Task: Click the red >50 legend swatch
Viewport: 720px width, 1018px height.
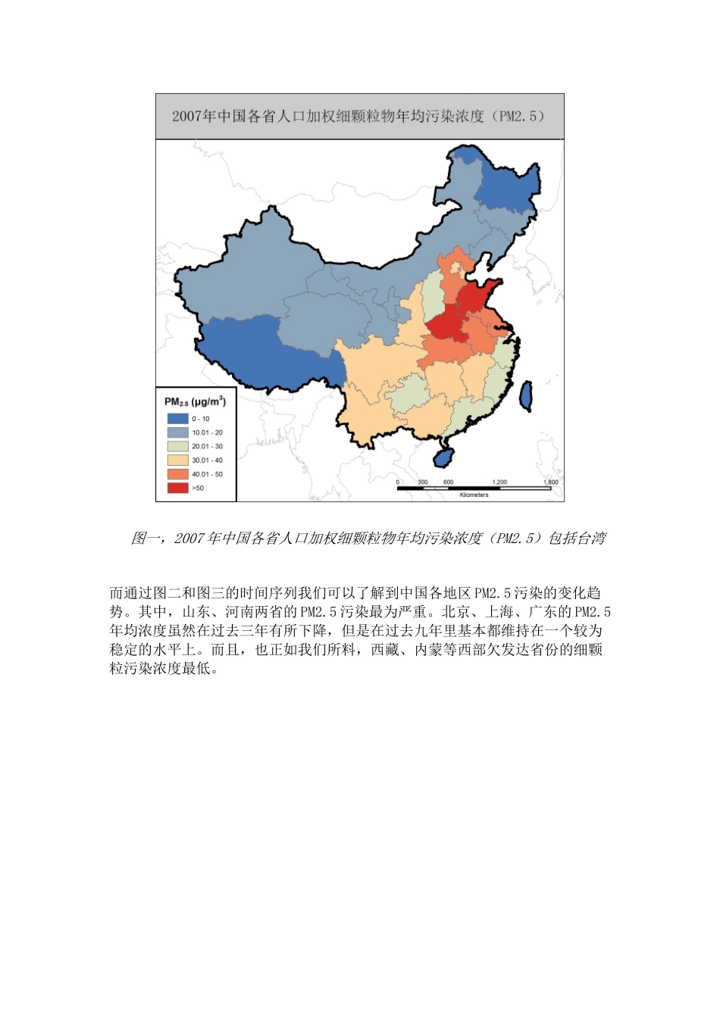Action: pyautogui.click(x=177, y=488)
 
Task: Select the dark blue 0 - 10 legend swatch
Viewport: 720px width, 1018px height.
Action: pyautogui.click(x=177, y=418)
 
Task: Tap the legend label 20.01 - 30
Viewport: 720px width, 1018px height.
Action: pyautogui.click(x=207, y=446)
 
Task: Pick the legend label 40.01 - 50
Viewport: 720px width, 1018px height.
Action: pyautogui.click(x=207, y=474)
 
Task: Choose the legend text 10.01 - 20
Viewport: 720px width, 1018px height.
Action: pyautogui.click(x=207, y=432)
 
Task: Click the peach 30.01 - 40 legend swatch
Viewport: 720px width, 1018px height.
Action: pyautogui.click(x=177, y=460)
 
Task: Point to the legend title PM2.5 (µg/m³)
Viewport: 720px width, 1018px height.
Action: pyautogui.click(x=195, y=401)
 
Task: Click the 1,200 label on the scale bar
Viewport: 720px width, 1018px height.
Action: pyautogui.click(x=499, y=482)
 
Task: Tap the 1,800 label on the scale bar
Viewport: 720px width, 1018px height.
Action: pyautogui.click(x=550, y=482)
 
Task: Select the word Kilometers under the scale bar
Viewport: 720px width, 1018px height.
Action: pyautogui.click(x=474, y=495)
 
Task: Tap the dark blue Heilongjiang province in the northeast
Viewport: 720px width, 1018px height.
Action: pyautogui.click(x=508, y=186)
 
